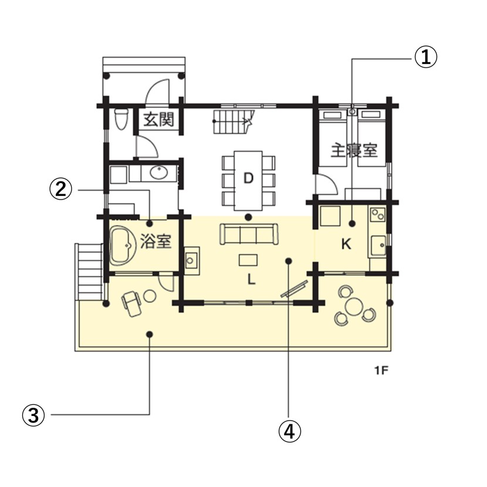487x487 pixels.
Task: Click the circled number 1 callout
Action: point(426,57)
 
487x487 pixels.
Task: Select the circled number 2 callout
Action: point(61,189)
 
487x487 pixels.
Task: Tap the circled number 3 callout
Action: point(33,415)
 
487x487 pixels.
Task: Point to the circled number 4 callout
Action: point(289,431)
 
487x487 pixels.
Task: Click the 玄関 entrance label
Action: point(158,120)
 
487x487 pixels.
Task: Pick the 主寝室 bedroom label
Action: point(354,150)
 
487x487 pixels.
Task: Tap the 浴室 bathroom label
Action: point(155,241)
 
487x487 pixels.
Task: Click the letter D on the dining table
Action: point(248,178)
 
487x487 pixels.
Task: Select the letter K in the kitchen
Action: point(346,244)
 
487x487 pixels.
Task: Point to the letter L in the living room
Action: point(251,279)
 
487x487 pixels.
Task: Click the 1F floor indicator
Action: point(381,370)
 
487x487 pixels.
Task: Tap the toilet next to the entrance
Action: point(120,119)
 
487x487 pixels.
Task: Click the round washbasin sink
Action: point(159,173)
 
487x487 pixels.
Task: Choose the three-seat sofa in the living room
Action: point(249,235)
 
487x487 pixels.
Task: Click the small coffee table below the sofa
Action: point(248,260)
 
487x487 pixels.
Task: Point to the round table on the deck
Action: point(354,306)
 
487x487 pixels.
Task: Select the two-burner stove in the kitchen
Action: point(378,214)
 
